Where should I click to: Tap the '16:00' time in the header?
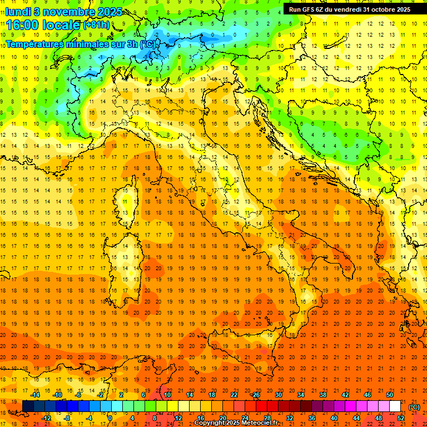(x=22, y=25)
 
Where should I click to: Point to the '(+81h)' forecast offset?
(x=97, y=25)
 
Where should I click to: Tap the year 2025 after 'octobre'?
(x=400, y=9)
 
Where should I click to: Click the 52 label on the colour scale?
(x=401, y=418)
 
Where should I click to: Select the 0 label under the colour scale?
(x=110, y=418)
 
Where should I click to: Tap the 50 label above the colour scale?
(x=390, y=395)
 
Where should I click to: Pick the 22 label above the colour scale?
(x=234, y=395)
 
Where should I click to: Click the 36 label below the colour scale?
(x=311, y=418)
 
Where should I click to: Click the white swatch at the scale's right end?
(x=395, y=406)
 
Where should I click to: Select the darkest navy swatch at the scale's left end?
(x=28, y=406)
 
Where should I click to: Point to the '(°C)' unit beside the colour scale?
(x=414, y=406)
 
